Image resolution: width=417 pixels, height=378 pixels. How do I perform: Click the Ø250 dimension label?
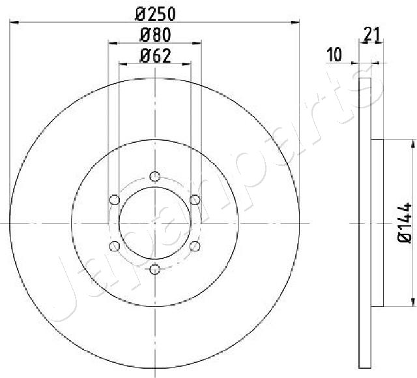[x=155, y=14]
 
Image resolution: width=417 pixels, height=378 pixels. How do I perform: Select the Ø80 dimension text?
[x=155, y=35]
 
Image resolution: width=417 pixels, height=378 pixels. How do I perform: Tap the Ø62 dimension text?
[x=155, y=56]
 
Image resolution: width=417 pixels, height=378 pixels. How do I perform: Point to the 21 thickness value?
[x=372, y=34]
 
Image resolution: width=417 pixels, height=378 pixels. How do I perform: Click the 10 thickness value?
[x=334, y=54]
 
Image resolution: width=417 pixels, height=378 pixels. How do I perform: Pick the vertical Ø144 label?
[x=405, y=223]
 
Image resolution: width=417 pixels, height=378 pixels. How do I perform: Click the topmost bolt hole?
[x=155, y=176]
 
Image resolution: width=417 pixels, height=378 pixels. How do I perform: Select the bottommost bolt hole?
[x=155, y=270]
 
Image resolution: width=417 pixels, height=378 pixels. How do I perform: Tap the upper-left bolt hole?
[x=115, y=200]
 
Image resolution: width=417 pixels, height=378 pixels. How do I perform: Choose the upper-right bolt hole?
[x=195, y=200]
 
